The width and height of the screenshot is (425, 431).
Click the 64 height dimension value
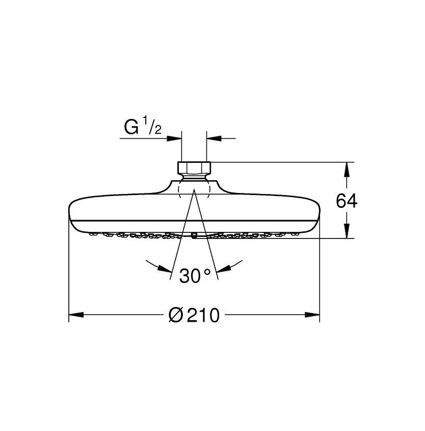[347, 201]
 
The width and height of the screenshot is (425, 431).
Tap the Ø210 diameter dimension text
[194, 315]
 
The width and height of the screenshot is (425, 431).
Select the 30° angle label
[195, 275]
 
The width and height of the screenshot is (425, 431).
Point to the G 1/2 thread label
[143, 127]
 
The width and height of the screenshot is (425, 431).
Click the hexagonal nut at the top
[194, 167]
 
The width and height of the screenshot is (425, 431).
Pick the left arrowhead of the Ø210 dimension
[76, 315]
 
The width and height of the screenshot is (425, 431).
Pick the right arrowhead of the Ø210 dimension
[312, 315]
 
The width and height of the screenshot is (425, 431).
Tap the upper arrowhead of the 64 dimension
[347, 170]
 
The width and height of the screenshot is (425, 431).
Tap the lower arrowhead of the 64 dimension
[347, 231]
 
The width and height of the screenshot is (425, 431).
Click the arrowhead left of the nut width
[174, 138]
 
